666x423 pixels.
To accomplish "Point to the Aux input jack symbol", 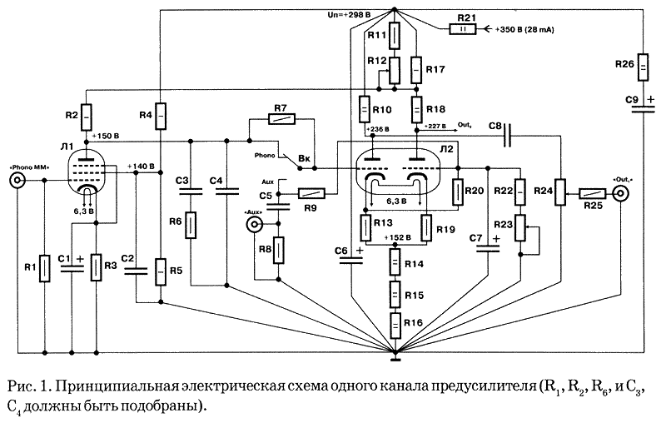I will click(x=258, y=225).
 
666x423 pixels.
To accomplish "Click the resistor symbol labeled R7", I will click(x=280, y=121).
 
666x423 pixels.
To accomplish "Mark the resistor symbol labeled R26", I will click(x=644, y=69).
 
